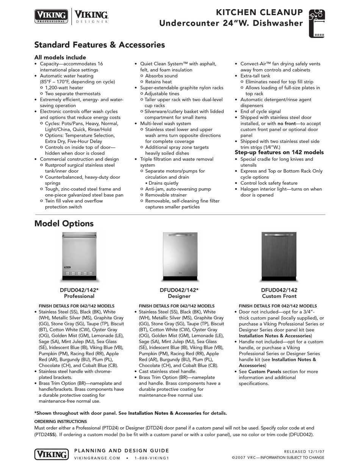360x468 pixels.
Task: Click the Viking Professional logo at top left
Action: click(x=52, y=16)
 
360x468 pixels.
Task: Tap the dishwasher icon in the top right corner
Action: click(x=316, y=23)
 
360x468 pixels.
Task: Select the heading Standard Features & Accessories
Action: click(x=99, y=45)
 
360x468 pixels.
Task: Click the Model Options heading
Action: click(x=64, y=223)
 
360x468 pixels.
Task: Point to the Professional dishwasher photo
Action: click(x=79, y=257)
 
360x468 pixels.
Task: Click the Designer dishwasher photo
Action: click(x=179, y=256)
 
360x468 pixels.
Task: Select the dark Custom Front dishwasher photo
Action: click(x=279, y=256)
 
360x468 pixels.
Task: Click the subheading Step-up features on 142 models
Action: click(x=279, y=152)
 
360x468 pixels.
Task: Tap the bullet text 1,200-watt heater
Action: click(x=64, y=87)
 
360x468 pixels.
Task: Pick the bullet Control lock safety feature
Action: click(x=269, y=183)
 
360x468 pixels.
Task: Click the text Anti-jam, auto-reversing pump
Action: click(x=178, y=189)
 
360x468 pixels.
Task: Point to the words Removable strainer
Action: click(x=166, y=195)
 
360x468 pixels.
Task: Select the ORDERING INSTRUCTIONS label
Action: click(x=61, y=421)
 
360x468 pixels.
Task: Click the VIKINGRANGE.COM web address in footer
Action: click(x=97, y=458)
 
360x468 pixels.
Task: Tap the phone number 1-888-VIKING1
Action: click(x=151, y=458)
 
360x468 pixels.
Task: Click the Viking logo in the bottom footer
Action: click(x=52, y=454)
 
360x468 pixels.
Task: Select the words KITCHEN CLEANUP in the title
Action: click(x=259, y=12)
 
